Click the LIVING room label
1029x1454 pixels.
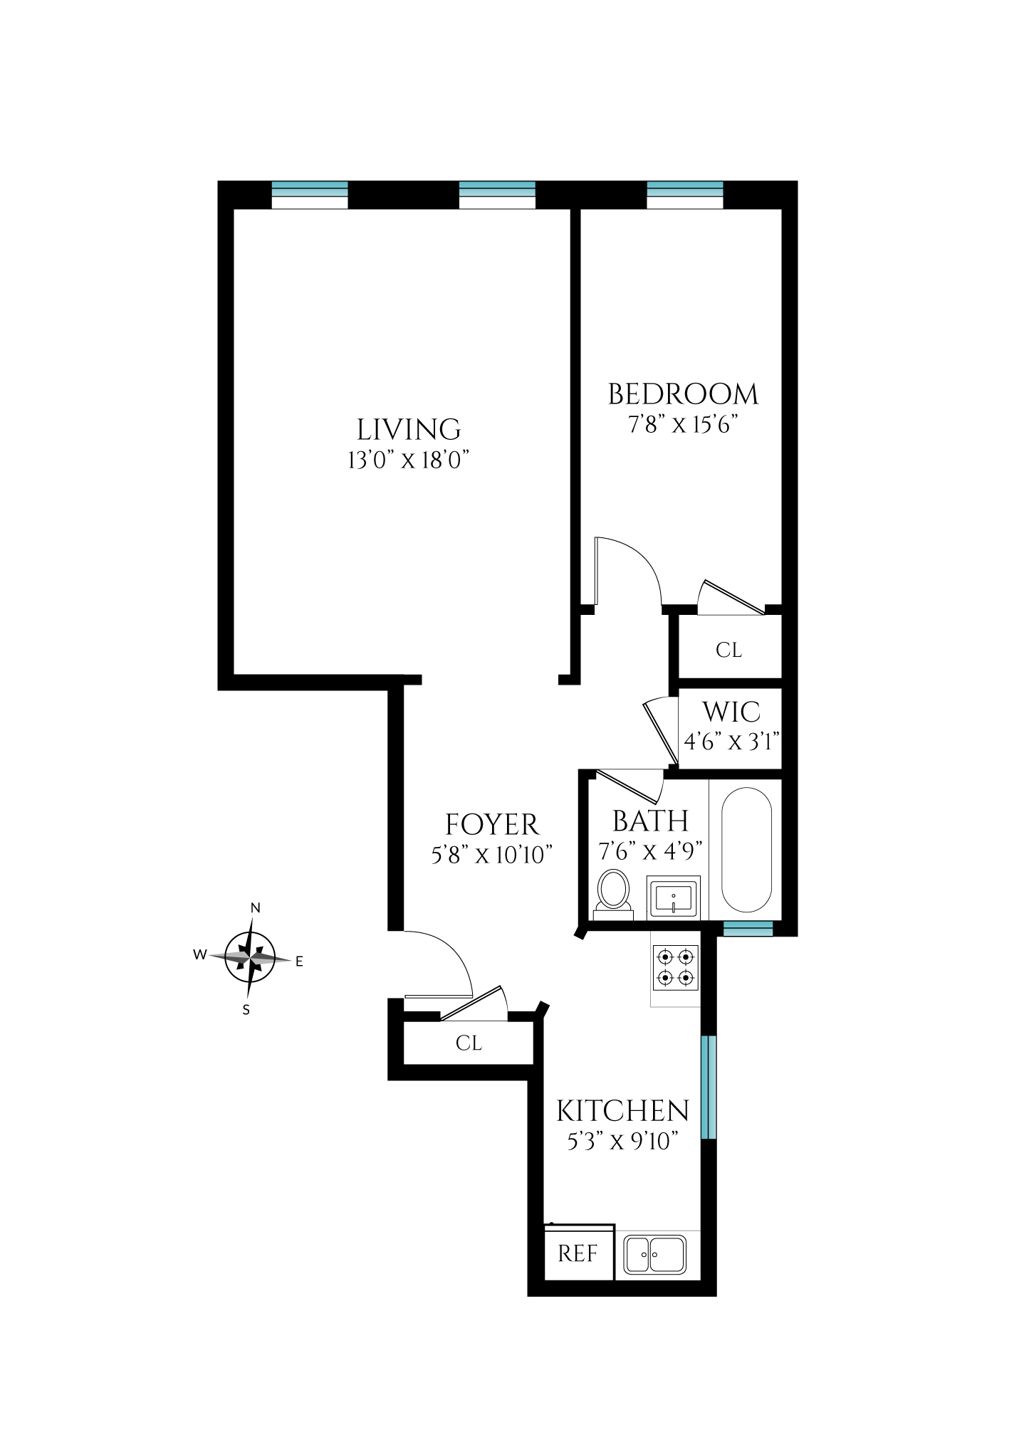(409, 429)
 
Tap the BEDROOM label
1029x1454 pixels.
(683, 394)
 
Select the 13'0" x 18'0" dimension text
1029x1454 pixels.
(408, 460)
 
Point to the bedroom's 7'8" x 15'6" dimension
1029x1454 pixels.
(682, 424)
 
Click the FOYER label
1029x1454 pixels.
(492, 824)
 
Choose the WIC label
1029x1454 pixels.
(731, 712)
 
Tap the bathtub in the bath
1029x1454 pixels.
(746, 849)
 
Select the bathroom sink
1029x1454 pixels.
(673, 897)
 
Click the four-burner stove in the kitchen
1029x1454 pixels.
(675, 967)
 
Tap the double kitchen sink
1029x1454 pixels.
(654, 1254)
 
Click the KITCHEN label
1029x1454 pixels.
(622, 1111)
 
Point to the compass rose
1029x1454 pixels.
(250, 958)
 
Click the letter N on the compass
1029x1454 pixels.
(256, 908)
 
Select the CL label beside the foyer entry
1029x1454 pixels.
(469, 1043)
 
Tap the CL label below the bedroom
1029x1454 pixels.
(728, 650)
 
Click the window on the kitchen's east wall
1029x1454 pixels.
(709, 1087)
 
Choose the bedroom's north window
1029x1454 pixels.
(685, 195)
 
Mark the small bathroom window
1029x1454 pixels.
(748, 928)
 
